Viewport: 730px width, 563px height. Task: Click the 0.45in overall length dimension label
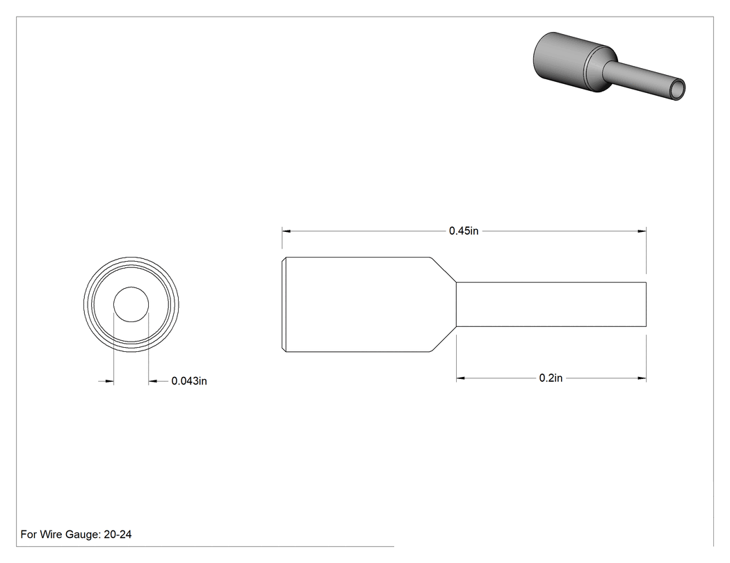point(463,231)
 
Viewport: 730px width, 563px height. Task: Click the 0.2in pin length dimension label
point(551,378)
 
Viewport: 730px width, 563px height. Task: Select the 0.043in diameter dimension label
point(189,381)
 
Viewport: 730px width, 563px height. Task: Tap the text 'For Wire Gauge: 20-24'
point(76,534)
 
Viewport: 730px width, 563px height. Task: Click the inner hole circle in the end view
point(131,287)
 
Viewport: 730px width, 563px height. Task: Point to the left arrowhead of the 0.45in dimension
point(286,231)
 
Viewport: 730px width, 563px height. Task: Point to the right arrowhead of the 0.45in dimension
point(642,231)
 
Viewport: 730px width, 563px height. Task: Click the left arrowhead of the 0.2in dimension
point(461,378)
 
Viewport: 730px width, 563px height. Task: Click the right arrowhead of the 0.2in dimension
point(642,378)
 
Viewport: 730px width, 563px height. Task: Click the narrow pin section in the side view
point(551,305)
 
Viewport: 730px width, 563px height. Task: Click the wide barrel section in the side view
point(356,305)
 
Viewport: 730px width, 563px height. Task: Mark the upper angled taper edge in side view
point(443,269)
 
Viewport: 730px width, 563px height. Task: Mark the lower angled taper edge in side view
point(443,339)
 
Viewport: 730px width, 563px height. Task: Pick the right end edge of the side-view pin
point(646,305)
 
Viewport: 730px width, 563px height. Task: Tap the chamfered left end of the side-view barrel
point(284,305)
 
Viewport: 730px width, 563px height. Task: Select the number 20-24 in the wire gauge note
point(117,534)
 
